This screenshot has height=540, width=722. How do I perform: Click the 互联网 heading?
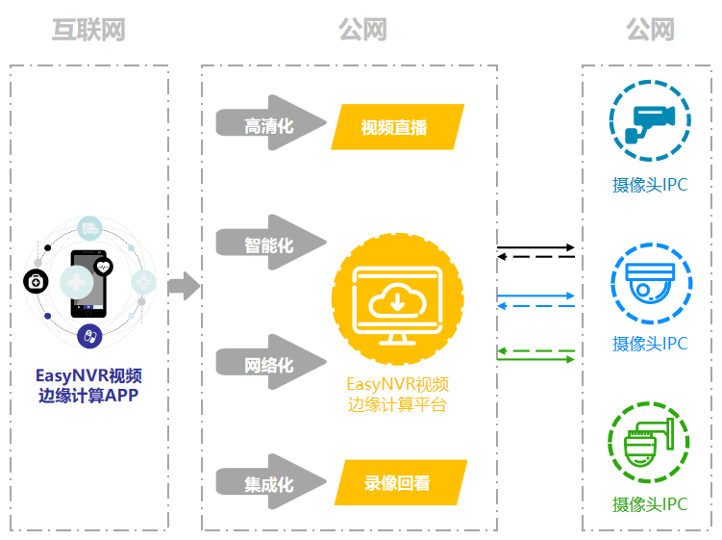tap(87, 30)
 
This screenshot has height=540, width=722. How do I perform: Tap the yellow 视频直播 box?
tap(397, 127)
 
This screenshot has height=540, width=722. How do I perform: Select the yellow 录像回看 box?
tap(401, 482)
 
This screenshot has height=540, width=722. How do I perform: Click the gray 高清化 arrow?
tap(271, 122)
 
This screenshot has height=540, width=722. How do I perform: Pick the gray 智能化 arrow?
tap(271, 243)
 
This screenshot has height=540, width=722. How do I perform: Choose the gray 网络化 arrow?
tap(271, 362)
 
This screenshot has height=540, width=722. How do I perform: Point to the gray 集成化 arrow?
tap(271, 481)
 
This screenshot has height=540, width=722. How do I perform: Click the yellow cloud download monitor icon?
tap(397, 298)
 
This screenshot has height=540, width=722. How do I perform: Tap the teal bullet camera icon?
tap(650, 121)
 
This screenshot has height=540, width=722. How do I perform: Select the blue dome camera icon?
tap(651, 283)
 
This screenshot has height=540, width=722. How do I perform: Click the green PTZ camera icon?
tap(649, 442)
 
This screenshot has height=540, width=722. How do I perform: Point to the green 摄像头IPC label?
tap(650, 504)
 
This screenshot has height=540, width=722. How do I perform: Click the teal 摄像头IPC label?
tap(650, 185)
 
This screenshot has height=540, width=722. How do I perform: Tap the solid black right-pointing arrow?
tap(536, 247)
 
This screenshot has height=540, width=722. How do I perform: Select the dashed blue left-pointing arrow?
tap(536, 306)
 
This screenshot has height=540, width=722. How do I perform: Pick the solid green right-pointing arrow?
tap(536, 359)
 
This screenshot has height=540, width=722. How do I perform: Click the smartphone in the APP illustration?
tap(88, 284)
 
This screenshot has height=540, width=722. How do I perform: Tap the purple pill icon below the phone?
tap(89, 336)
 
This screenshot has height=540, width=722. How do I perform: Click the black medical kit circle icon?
tap(36, 281)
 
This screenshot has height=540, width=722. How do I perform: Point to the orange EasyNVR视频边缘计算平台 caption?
tap(397, 395)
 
